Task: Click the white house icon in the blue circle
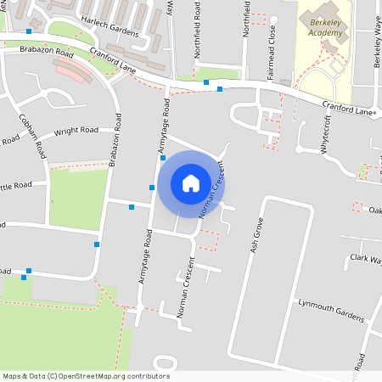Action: click(191, 183)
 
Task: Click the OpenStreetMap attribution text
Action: click(86, 376)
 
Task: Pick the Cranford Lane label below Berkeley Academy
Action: click(347, 107)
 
